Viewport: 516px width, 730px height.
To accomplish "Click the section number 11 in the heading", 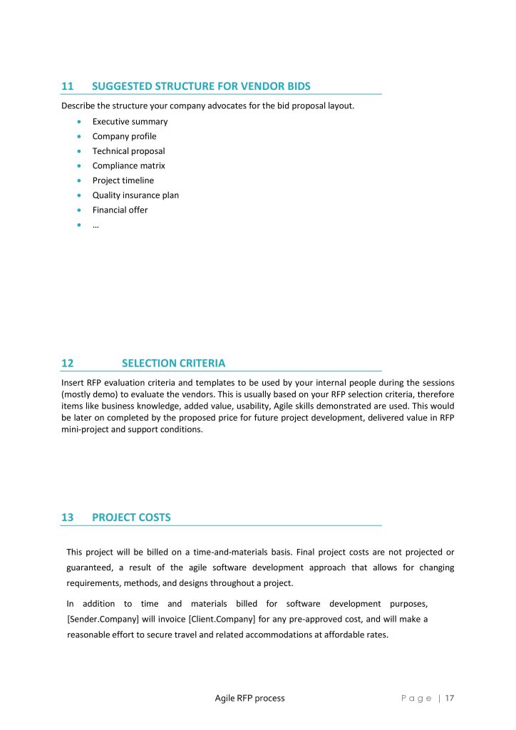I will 68,86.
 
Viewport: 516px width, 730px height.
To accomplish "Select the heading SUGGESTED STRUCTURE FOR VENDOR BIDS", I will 201,86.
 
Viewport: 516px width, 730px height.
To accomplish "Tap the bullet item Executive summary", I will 130,122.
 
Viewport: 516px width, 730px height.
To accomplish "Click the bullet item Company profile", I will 124,136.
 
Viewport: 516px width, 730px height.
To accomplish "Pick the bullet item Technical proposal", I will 128,151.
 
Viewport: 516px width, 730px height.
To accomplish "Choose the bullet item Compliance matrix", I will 128,166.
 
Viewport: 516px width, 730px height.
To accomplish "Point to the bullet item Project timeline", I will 123,180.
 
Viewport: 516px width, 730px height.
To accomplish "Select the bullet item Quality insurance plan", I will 135,195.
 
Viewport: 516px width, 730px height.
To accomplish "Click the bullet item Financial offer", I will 120,210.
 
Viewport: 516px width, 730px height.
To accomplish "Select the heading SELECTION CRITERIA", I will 173,363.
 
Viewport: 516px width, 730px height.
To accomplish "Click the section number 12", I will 68,363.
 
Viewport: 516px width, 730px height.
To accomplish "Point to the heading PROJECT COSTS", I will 131,518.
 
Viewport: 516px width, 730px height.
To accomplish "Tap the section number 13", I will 68,518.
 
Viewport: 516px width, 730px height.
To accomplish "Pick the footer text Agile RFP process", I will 249,698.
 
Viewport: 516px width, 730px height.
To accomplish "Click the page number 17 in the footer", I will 450,698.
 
